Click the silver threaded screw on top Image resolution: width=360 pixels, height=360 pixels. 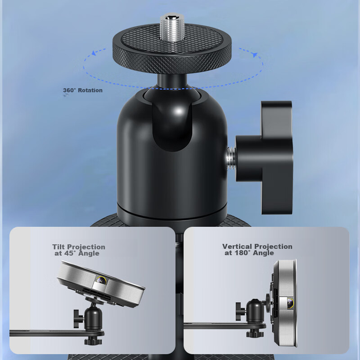point(172,27)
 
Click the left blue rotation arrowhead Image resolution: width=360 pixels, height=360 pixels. point(94,53)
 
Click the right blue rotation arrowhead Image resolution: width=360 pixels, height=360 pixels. point(254,55)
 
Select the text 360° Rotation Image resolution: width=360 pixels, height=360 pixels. point(83,90)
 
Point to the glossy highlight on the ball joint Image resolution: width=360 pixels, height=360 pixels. point(179,112)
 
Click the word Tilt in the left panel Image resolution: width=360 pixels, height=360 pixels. point(59,247)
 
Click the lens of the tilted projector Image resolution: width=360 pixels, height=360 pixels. point(101,280)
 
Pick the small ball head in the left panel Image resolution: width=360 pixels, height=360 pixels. point(93,318)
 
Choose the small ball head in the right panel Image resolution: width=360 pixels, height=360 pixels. point(255,310)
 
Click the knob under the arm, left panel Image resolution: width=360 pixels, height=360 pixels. point(93,341)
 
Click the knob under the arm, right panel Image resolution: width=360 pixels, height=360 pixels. point(255,333)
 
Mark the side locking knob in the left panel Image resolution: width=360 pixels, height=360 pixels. point(78,319)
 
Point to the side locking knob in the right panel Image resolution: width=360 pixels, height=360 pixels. point(240,311)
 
